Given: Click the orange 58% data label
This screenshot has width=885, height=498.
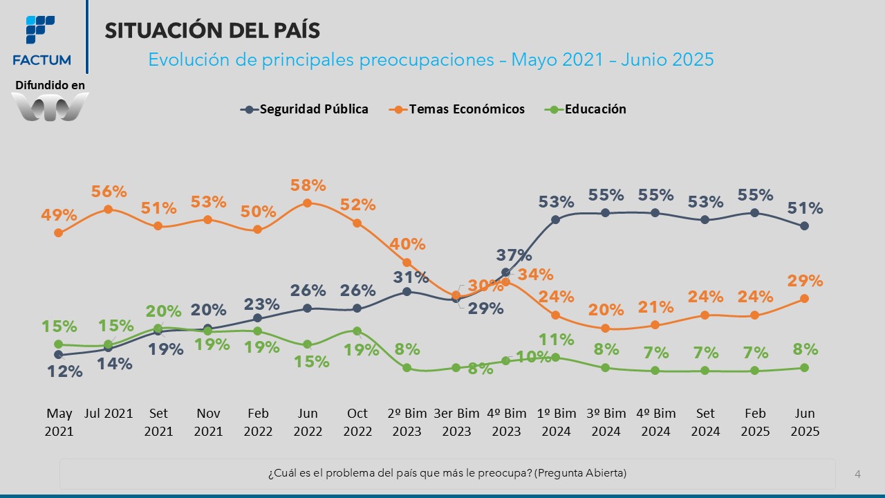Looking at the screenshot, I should [308, 185].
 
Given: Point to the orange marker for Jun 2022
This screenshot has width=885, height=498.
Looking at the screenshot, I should [308, 203].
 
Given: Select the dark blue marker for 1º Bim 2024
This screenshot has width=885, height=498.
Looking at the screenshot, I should [555, 220].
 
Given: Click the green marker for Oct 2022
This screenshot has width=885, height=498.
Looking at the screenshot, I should [357, 331].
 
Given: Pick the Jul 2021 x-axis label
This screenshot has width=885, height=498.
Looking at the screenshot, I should [109, 414].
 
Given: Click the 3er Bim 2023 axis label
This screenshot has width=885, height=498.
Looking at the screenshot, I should [456, 422].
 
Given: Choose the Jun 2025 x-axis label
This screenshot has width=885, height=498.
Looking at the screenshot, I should [805, 422].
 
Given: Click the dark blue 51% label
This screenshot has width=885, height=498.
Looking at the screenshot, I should [805, 208].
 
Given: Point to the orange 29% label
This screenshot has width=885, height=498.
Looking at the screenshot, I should [805, 281].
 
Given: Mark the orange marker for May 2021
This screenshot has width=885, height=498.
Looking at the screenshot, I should [59, 232].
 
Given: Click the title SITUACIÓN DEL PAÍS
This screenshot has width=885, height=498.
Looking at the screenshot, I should [212, 30].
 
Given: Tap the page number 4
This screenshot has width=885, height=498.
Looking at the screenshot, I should [857, 474].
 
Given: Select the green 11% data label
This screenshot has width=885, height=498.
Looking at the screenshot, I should [557, 340].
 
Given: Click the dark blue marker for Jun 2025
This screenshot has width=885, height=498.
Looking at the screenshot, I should [805, 226].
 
